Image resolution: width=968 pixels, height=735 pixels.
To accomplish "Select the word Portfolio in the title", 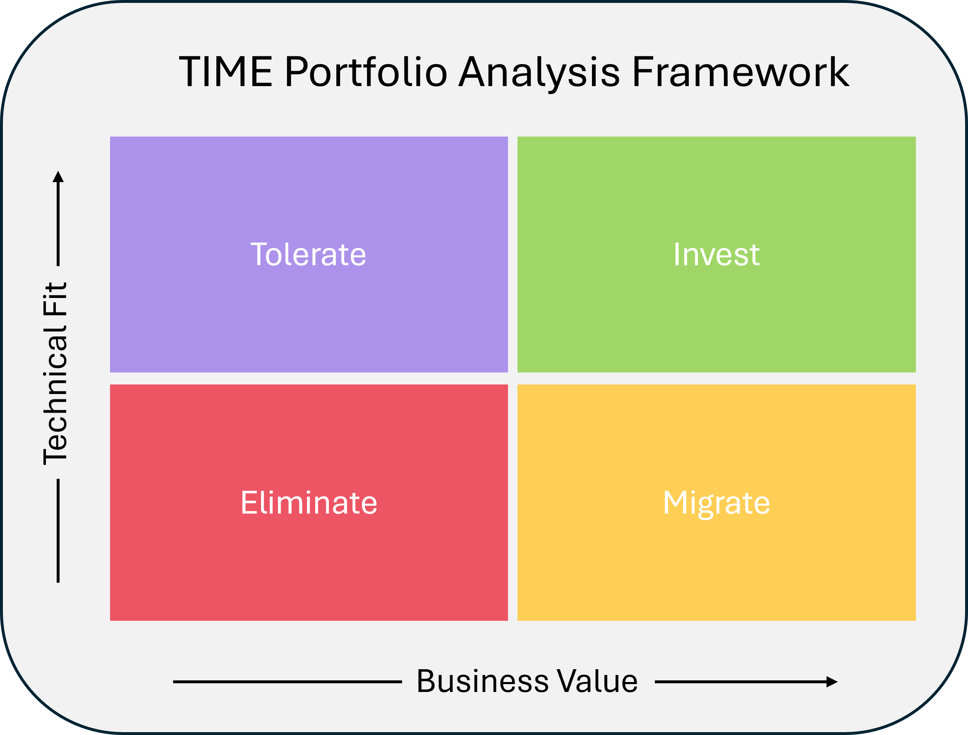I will [366, 72].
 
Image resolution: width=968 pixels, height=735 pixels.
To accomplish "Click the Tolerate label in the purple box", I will [309, 255].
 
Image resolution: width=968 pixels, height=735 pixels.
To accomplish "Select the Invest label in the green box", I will [716, 255].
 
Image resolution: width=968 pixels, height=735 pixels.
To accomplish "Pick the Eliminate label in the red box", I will [309, 503].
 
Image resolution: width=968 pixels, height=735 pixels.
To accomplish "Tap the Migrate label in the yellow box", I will [716, 503].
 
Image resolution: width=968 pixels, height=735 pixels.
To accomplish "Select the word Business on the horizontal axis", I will [482, 682].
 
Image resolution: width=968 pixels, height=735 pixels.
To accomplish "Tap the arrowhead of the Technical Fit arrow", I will [58, 176].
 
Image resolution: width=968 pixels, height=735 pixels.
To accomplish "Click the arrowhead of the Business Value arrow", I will [832, 682].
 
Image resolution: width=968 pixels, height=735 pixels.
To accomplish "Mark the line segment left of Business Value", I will [287, 682].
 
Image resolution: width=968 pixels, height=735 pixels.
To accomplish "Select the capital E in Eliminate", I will [248, 502].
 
